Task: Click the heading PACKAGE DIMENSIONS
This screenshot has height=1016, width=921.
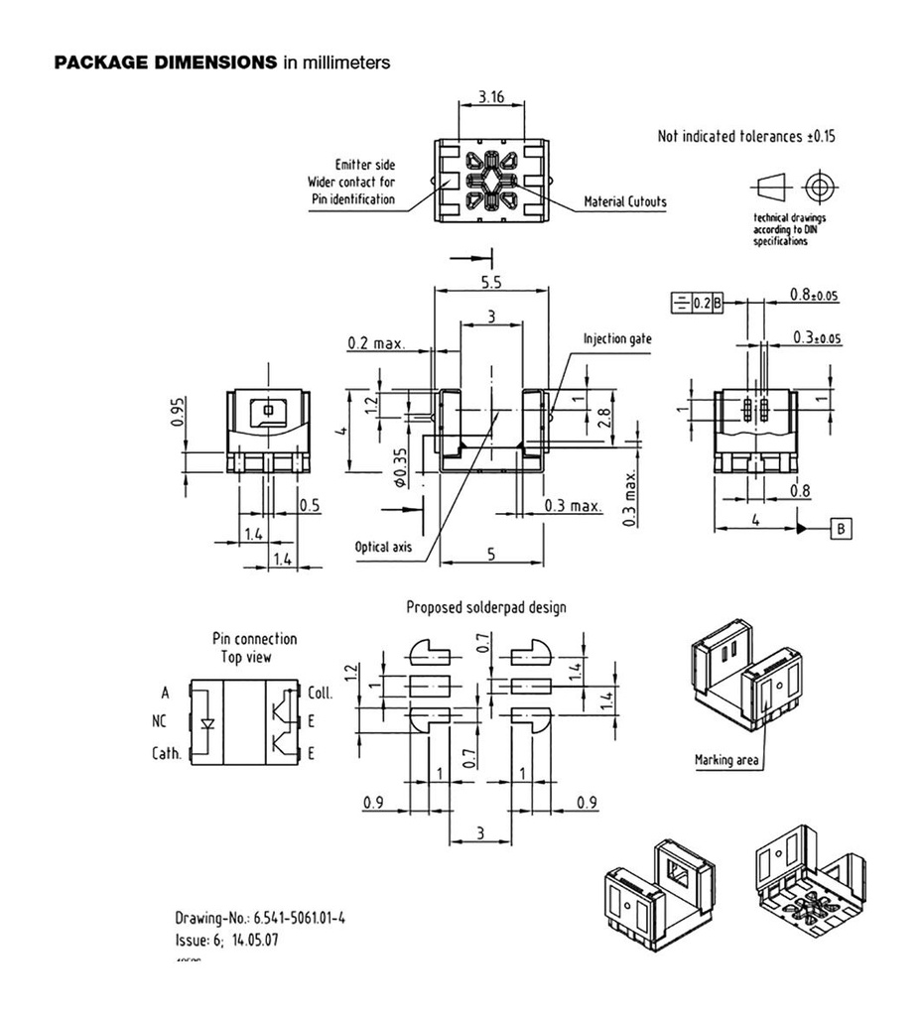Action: (x=165, y=63)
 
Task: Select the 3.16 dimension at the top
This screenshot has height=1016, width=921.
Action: (x=490, y=96)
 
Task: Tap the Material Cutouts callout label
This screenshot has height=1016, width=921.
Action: (x=625, y=201)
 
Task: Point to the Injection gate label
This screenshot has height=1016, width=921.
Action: (x=617, y=338)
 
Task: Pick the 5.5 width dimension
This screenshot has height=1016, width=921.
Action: (x=490, y=282)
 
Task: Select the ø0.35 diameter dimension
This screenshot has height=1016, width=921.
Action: (x=400, y=468)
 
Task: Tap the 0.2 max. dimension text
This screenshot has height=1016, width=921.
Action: (x=376, y=343)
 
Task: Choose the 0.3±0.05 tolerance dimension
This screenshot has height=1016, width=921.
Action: (x=817, y=337)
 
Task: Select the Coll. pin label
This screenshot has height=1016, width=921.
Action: (x=321, y=693)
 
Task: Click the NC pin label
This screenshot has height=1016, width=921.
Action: (x=159, y=722)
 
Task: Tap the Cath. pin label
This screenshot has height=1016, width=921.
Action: (x=166, y=753)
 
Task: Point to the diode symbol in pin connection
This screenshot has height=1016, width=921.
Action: (x=206, y=722)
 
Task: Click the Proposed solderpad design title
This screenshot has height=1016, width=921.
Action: (x=486, y=607)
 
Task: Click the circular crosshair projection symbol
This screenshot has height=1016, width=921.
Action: (x=818, y=186)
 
